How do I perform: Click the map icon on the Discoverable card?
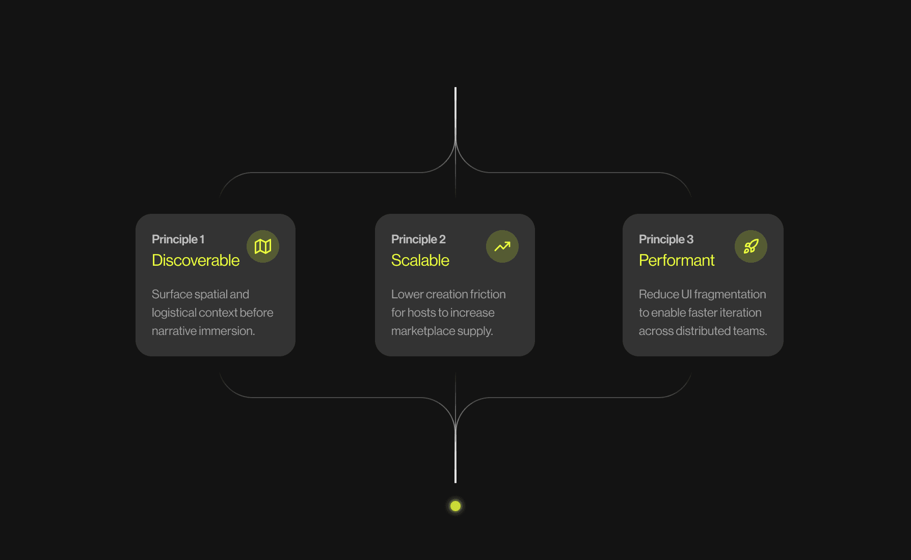[263, 246]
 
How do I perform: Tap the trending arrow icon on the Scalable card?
[502, 246]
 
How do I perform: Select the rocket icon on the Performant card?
[751, 246]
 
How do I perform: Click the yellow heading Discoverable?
[196, 260]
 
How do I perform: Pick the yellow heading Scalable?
[420, 260]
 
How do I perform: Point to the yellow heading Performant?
[677, 260]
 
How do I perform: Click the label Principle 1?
[178, 239]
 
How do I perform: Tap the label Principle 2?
[418, 239]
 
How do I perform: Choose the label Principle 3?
[666, 239]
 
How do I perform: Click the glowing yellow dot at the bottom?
[456, 506]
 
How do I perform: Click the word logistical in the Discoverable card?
[174, 313]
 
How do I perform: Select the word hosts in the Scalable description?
[421, 313]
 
